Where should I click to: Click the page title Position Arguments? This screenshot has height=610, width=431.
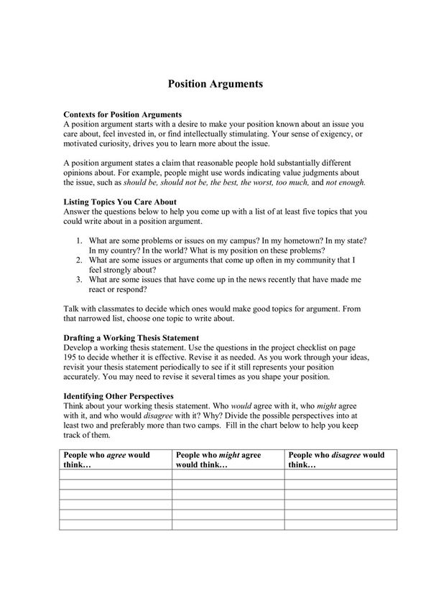coord(215,83)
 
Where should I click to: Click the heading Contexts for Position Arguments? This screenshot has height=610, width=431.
coord(122,115)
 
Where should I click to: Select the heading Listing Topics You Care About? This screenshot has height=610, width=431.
coord(120,202)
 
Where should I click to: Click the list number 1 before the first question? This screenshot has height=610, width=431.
coord(78,242)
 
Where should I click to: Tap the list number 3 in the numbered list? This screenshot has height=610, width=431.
coord(78,279)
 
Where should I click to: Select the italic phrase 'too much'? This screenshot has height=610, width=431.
coord(287,183)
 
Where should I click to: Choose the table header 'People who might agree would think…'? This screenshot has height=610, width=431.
coord(218,459)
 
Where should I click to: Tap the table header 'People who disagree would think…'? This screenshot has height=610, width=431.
coord(336,459)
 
